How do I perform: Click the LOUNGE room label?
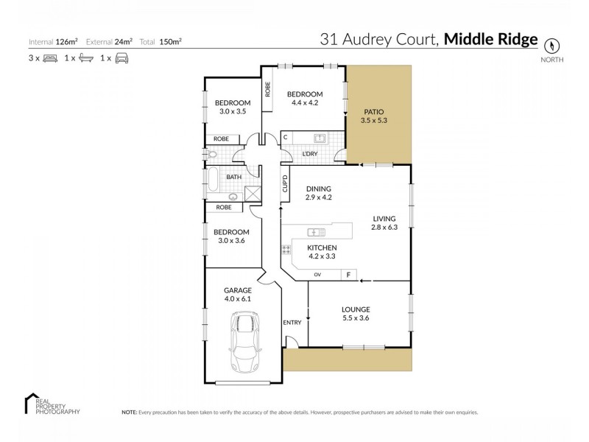tap(356, 309)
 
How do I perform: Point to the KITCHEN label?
tap(322, 248)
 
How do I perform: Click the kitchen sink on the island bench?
tap(317, 232)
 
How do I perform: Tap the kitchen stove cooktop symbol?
tap(286, 250)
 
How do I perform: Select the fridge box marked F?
tap(348, 276)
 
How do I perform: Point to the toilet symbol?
tap(213, 155)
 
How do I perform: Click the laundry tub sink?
tap(320, 138)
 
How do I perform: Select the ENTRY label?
tap(292, 323)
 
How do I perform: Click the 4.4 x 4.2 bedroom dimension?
tap(305, 104)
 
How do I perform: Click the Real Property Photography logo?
tap(52, 404)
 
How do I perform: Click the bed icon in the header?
tap(50, 57)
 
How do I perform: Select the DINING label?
tap(319, 189)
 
